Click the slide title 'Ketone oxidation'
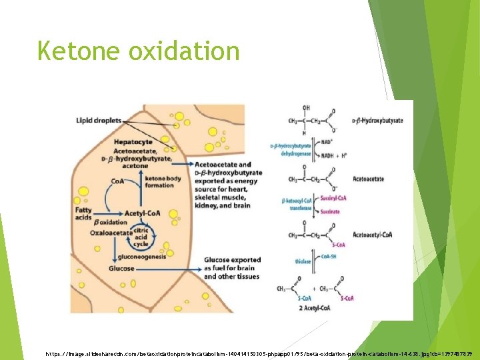coord(138,51)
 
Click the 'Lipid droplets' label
coord(98,121)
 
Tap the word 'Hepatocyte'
coord(133,141)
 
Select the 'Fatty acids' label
coord(84,214)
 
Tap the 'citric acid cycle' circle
coord(141,235)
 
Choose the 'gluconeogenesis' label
coord(141,256)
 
